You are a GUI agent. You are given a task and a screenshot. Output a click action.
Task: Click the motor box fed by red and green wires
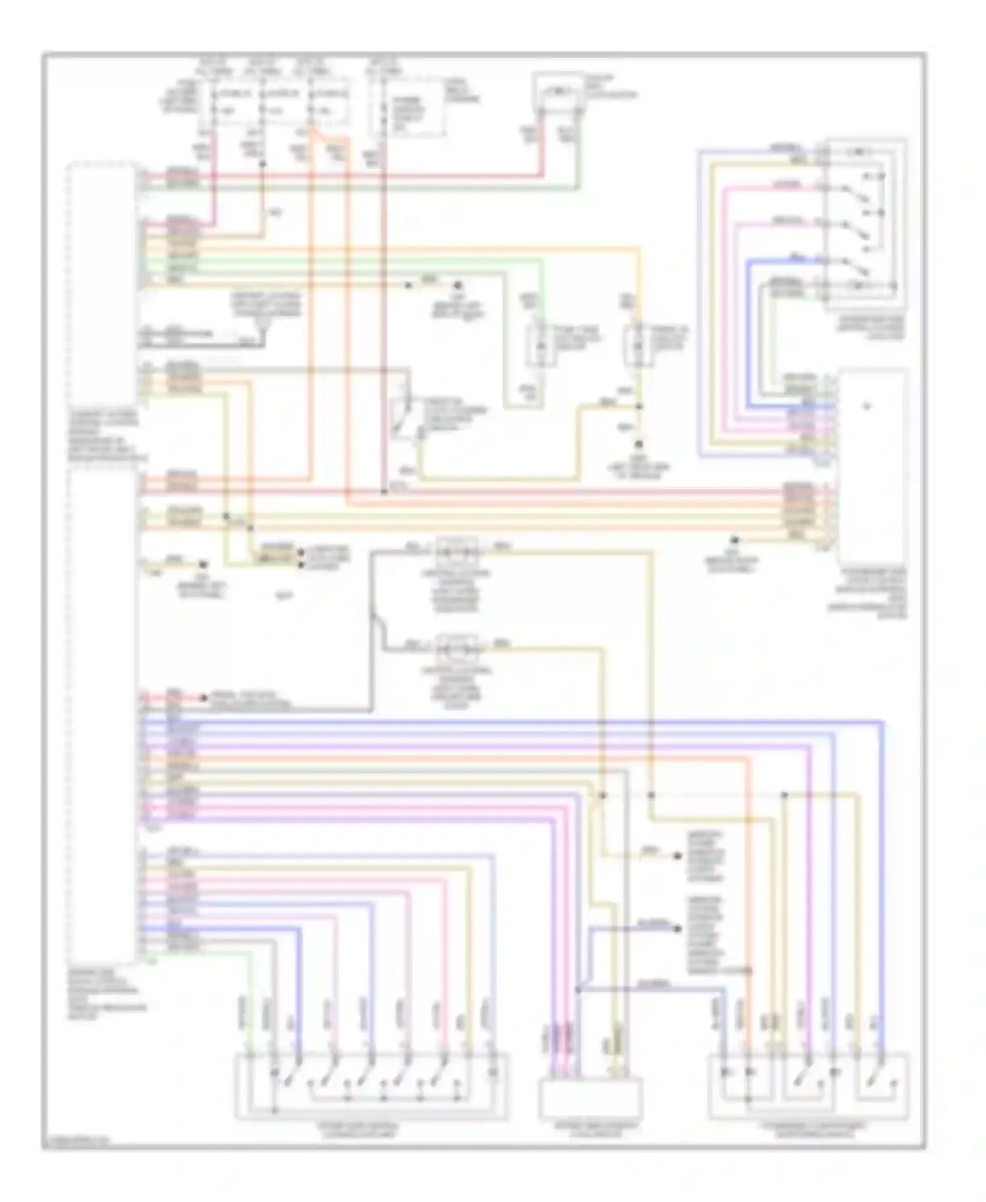[x=557, y=90]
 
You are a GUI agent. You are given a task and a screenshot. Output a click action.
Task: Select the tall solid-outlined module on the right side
[x=872, y=464]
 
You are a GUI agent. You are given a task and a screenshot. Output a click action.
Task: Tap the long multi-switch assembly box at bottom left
[x=371, y=1085]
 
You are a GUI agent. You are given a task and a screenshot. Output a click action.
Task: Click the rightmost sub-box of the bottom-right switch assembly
[x=881, y=1085]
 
